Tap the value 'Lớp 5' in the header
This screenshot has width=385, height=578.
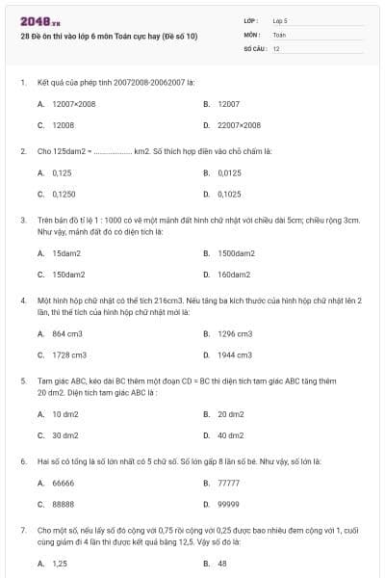[280, 20]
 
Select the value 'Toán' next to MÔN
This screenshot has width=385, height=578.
[278, 34]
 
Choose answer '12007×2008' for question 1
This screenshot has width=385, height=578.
[74, 102]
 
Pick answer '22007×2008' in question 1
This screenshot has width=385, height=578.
[239, 125]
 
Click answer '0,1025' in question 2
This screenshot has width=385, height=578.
[229, 194]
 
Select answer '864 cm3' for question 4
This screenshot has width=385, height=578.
[67, 333]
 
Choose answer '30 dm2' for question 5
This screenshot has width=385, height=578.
[65, 435]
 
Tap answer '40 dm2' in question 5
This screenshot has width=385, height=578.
[231, 435]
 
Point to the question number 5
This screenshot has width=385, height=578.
[23, 381]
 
